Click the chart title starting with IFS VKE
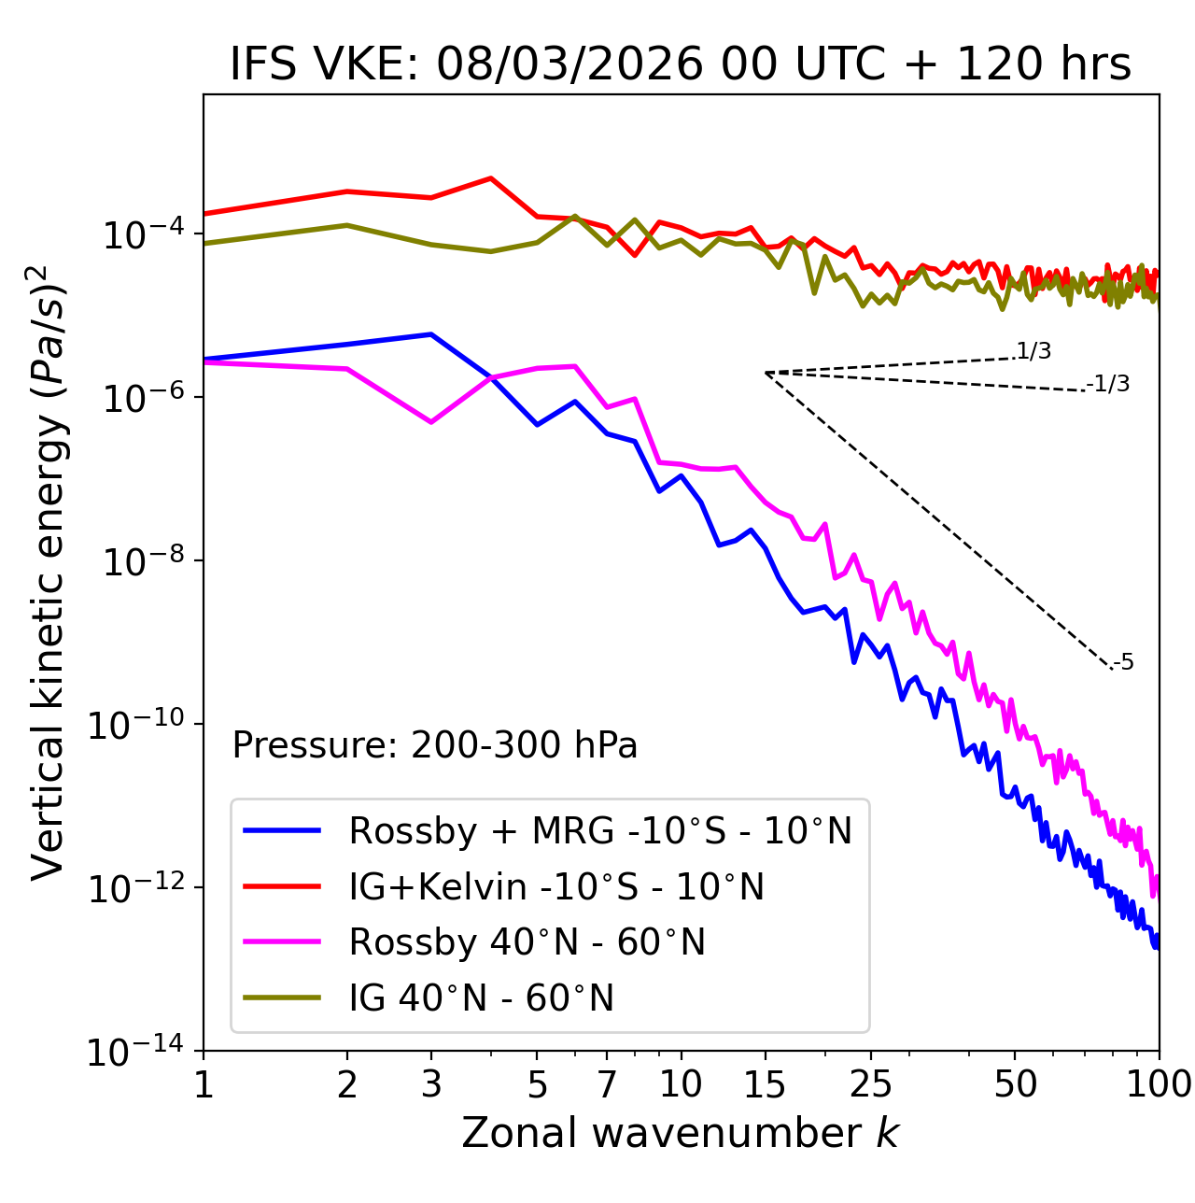point(681,64)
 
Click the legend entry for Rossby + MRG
point(599,830)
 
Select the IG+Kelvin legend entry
point(555,886)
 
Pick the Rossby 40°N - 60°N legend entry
point(527,942)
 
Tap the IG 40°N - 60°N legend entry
point(481,998)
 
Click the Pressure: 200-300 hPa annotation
point(435,745)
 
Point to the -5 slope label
point(1123,663)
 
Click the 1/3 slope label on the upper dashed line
point(1033,351)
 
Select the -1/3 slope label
point(1109,384)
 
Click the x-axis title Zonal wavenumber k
point(681,1133)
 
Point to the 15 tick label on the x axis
point(765,1084)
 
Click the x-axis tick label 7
point(607,1084)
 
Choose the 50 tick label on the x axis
point(1015,1084)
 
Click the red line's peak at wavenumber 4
point(490,178)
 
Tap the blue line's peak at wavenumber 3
point(430,334)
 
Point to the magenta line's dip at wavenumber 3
point(430,422)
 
